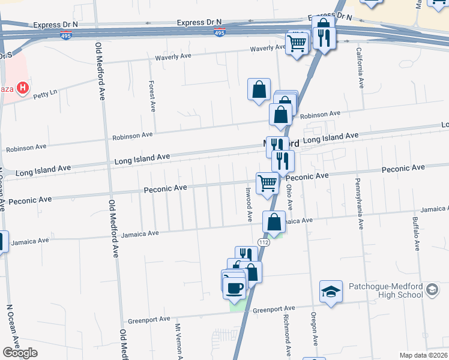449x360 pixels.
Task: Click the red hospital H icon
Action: pos(23,89)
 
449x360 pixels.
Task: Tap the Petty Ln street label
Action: pos(45,94)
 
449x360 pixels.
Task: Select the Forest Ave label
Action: pos(152,97)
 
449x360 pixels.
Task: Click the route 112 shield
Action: pos(264,241)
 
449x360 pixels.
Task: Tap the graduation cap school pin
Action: pos(331,292)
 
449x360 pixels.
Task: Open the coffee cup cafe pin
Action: pos(235,287)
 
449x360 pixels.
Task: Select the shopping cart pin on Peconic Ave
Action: pos(267,182)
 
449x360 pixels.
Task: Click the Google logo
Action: pos(20,353)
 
